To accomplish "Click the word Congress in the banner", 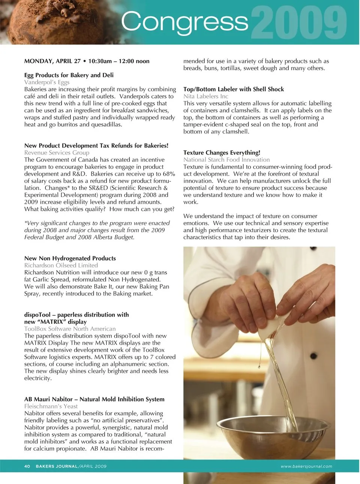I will point(184,22).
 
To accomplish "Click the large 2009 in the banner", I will point(299,23).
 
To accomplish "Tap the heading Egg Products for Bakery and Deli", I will point(69,75).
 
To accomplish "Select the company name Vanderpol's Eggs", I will point(47,82).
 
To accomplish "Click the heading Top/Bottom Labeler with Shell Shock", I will point(233,89).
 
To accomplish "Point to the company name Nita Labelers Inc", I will point(205,96).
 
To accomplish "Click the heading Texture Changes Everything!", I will point(222,152).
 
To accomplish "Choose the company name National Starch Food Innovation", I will point(226,160).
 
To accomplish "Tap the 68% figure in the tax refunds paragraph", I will point(169,174).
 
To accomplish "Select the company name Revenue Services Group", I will point(57,152).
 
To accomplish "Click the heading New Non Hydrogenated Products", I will point(70,258).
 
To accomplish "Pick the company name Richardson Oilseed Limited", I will point(61,265).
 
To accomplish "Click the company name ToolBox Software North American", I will point(70,329).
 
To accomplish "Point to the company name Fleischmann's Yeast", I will point(51,406).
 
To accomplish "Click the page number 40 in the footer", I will point(27,466).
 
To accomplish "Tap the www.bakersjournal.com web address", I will point(306,466).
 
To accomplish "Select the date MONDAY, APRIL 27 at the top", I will point(52,61).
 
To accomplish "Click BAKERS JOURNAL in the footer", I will point(57,466).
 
